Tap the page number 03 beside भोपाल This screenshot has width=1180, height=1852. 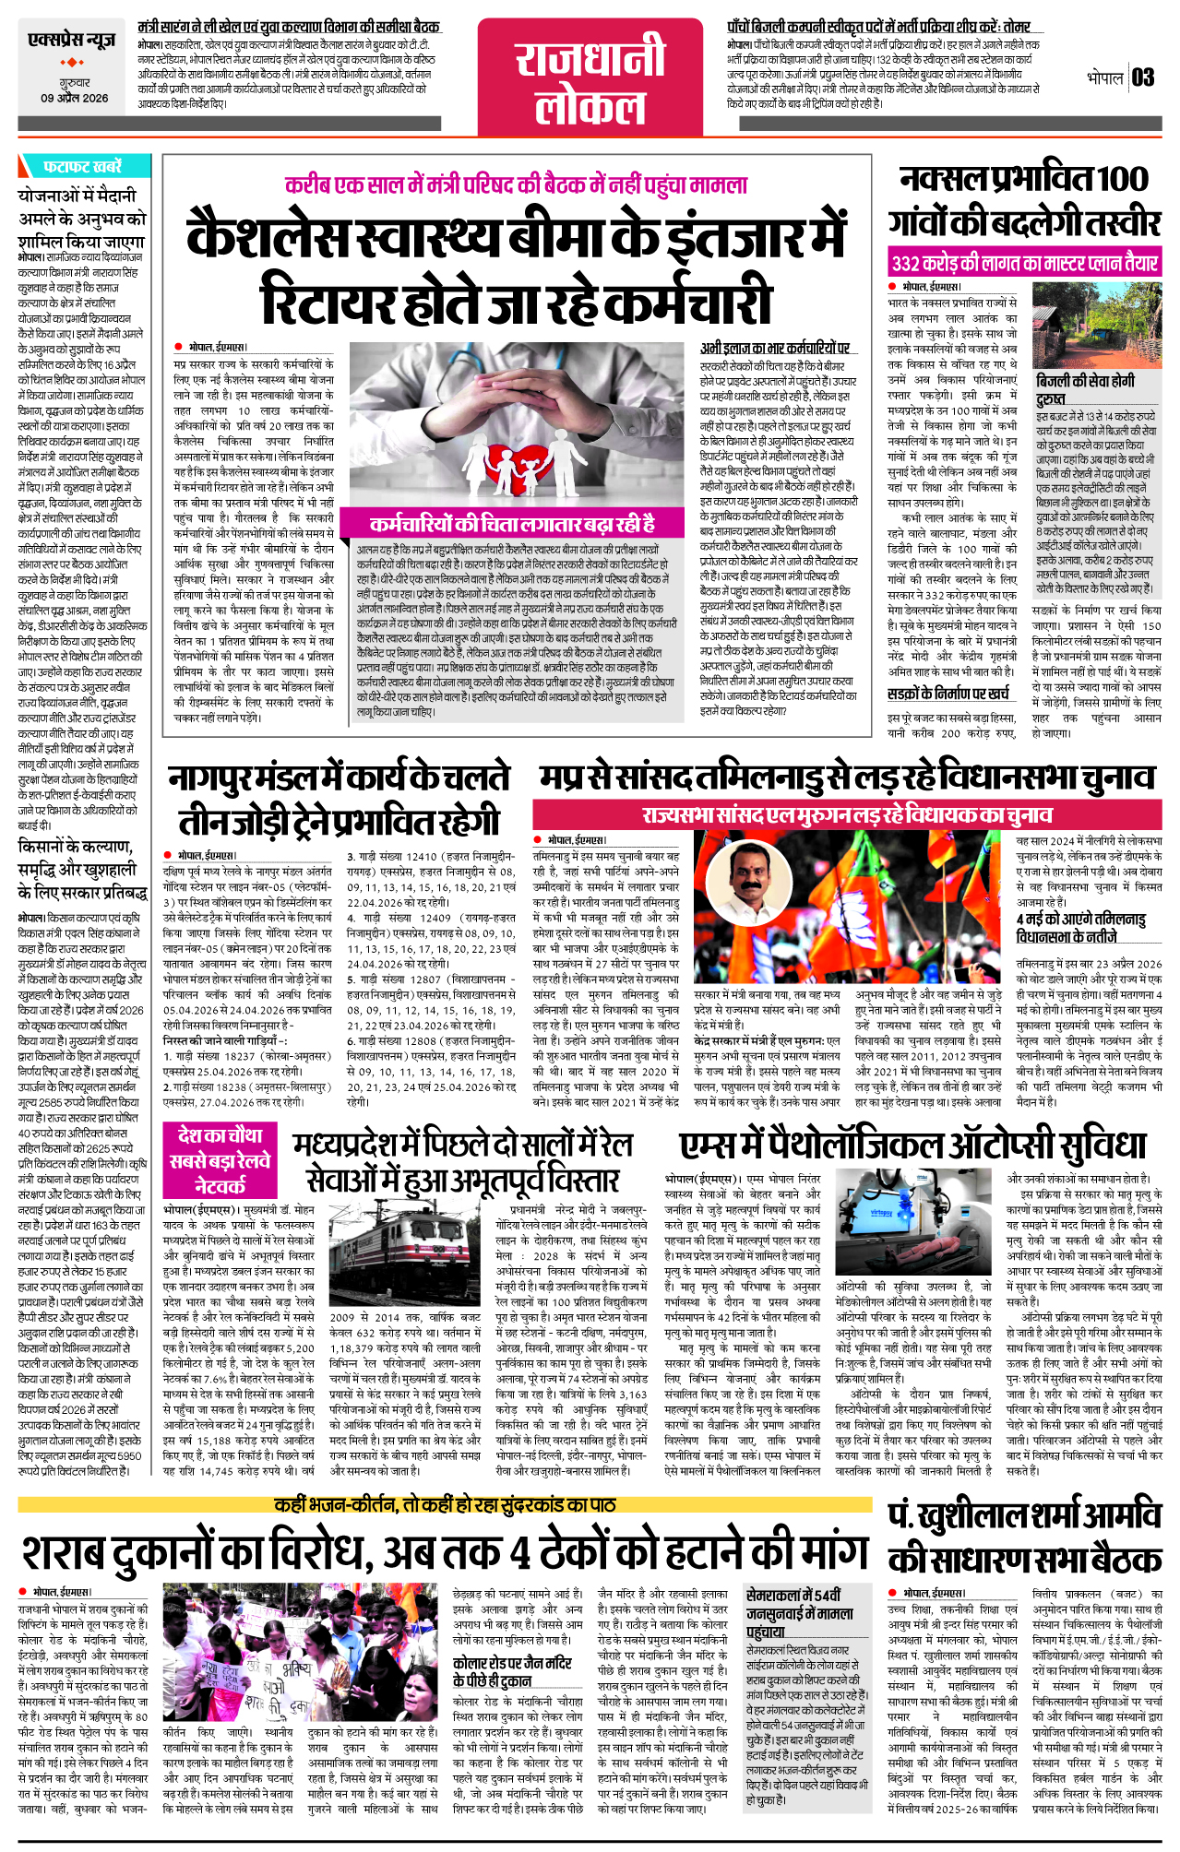coord(1143,77)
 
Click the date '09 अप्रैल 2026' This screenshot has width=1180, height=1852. coord(74,98)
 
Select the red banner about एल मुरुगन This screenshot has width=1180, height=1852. coord(847,815)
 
